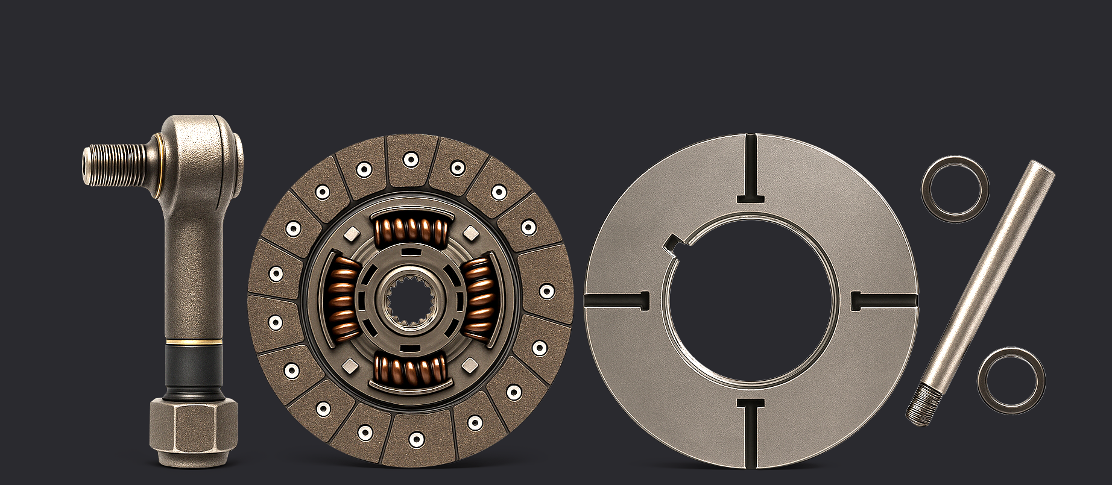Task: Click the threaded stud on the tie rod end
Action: coord(115,164)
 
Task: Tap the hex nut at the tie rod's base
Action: coord(193,431)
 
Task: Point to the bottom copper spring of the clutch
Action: coord(411,368)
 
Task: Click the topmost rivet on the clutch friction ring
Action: coord(411,160)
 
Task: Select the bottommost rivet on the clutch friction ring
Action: coord(415,439)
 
